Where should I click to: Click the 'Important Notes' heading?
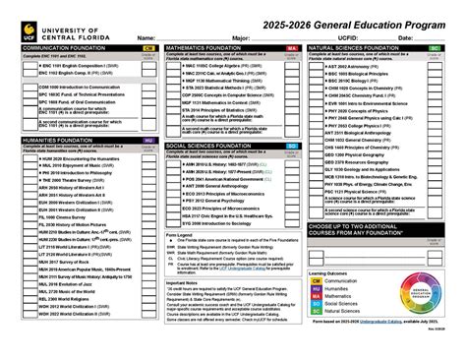(x=183, y=280)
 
